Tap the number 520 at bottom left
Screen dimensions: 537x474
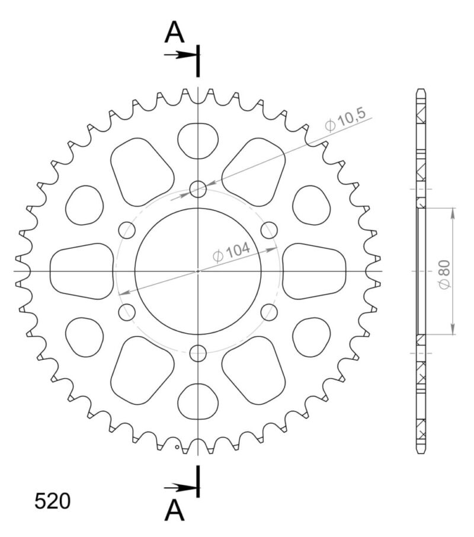click(x=52, y=501)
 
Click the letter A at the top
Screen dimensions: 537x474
click(x=174, y=33)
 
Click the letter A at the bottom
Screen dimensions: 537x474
click(x=174, y=510)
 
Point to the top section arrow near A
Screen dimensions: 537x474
click(x=180, y=55)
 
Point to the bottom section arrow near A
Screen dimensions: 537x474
click(x=180, y=487)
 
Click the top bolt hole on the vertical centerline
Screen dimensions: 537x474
click(x=198, y=189)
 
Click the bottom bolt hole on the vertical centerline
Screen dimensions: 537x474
click(x=198, y=354)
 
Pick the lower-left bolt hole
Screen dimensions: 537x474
click(x=126, y=312)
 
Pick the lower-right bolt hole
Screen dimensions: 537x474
click(x=270, y=312)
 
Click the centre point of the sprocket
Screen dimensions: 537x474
click(x=198, y=271)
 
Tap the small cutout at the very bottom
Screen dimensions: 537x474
click(x=198, y=402)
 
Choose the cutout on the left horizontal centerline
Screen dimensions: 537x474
click(x=81, y=271)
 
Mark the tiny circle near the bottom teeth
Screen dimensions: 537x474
click(x=177, y=455)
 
